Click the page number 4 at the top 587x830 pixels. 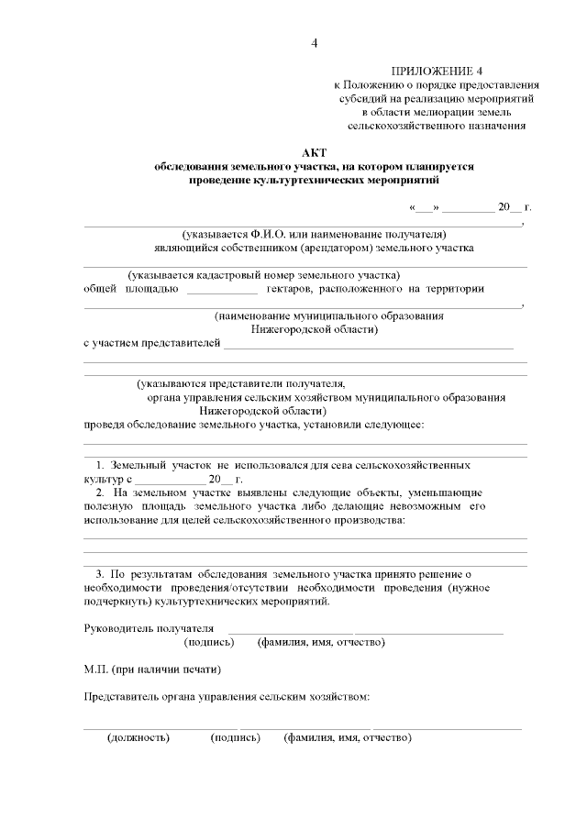pos(315,43)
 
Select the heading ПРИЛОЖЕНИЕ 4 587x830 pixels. pos(436,71)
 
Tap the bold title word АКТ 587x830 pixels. pos(315,152)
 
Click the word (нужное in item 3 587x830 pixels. pos(469,587)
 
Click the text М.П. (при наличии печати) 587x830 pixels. pos(152,669)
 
